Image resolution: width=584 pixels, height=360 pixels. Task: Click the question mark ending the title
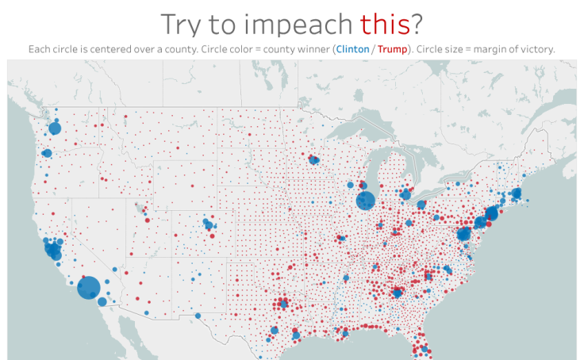(417, 25)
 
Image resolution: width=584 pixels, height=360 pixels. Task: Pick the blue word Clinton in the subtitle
(352, 49)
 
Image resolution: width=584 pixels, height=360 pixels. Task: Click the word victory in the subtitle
(534, 49)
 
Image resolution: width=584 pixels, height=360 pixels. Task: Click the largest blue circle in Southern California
(88, 286)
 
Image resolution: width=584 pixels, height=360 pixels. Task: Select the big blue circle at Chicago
(365, 200)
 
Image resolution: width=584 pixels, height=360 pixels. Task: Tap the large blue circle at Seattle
(55, 128)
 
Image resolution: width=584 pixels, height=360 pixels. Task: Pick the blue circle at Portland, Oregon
(47, 153)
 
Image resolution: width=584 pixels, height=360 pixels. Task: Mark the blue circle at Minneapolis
(314, 160)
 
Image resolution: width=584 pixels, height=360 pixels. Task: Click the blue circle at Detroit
(406, 194)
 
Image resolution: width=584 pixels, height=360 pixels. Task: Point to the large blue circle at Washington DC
(464, 235)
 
